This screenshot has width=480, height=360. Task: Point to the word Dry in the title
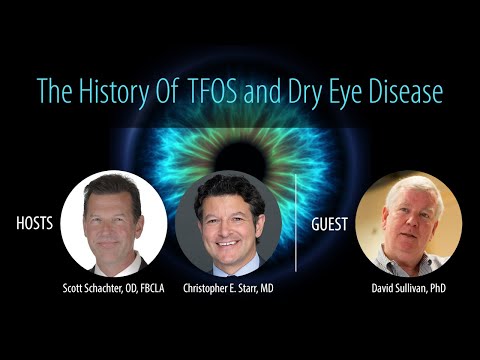tap(298, 92)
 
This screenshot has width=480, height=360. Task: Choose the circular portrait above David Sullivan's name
tap(409, 223)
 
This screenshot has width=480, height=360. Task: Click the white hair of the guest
tap(404, 185)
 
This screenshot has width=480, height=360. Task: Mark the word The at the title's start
tap(54, 91)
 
